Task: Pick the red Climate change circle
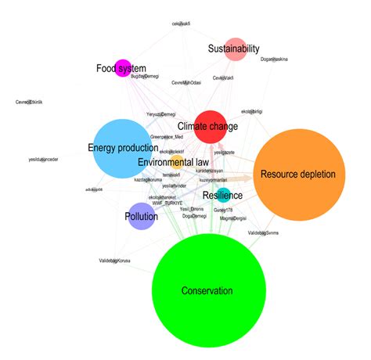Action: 211,127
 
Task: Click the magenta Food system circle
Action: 123,68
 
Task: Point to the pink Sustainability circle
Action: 236,49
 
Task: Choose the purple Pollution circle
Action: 142,215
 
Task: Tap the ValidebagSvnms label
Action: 263,233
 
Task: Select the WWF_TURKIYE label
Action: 167,202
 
